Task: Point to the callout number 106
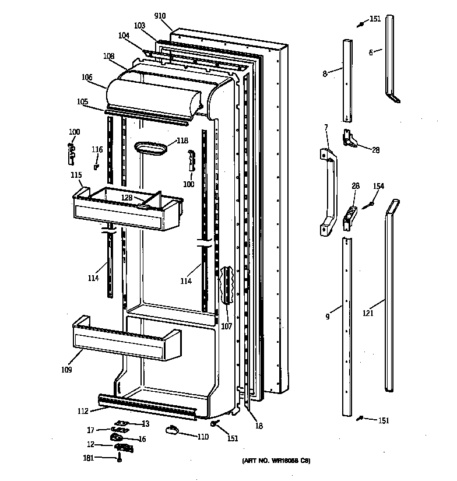(x=87, y=77)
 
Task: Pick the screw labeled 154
(x=368, y=205)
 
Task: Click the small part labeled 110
(x=172, y=430)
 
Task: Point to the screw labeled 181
(x=119, y=459)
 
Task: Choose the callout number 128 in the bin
(x=126, y=198)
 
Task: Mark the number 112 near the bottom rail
(x=83, y=411)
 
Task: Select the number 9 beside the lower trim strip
(x=328, y=317)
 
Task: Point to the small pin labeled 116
(x=96, y=166)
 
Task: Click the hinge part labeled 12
(x=124, y=447)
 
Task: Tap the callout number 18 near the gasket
(x=259, y=426)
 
